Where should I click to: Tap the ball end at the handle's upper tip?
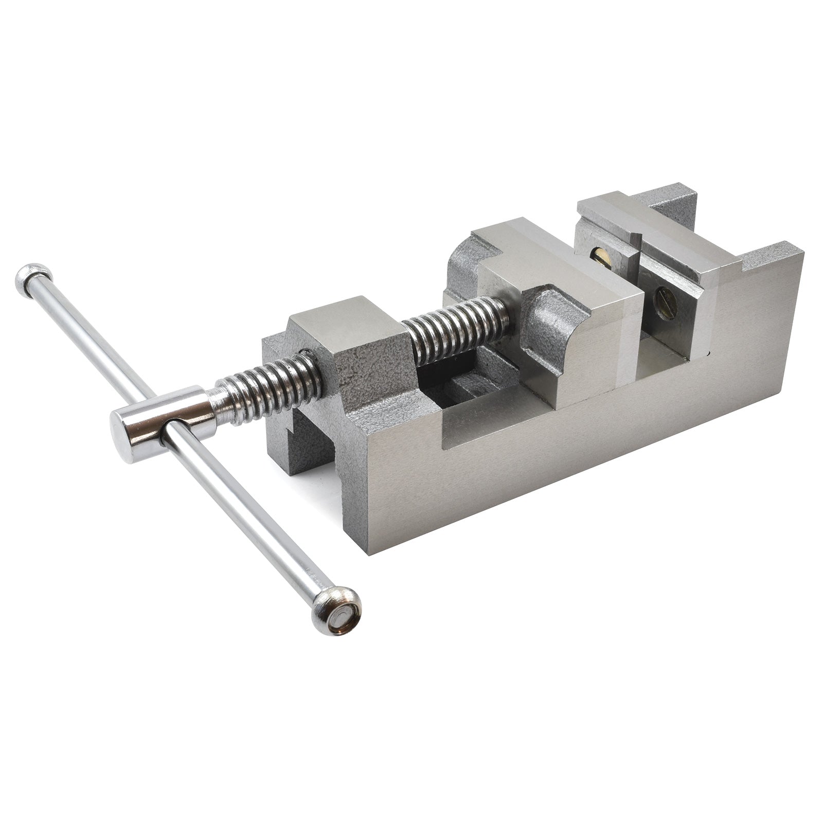[32, 280]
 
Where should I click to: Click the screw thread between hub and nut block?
[267, 385]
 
